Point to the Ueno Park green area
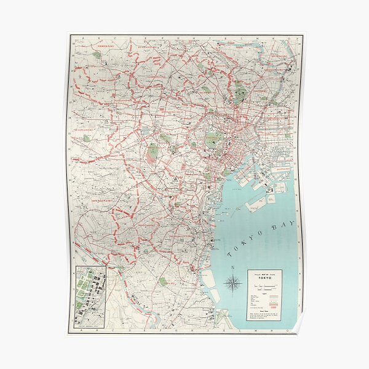[x=240, y=93]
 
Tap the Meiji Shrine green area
[x=153, y=149]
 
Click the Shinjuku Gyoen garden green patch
[x=166, y=138]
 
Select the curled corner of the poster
[x=296, y=329]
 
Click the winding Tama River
[x=123, y=295]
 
